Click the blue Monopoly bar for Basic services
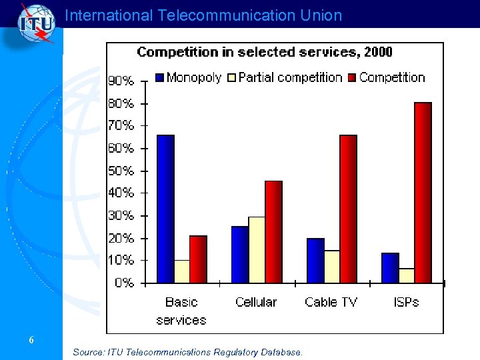pos(165,209)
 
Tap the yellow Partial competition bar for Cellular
pos(257,249)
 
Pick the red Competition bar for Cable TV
pos(348,209)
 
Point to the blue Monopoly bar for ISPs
pos(390,267)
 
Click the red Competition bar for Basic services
pos(198,259)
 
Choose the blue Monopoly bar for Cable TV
pos(315,260)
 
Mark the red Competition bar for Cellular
pos(273,231)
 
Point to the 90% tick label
pos(121,81)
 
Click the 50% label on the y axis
pos(121,171)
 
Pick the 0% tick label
pos(124,283)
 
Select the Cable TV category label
pos(331,302)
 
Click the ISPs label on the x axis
pos(406,302)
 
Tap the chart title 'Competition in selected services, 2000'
pos(265,52)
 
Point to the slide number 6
pos(31,340)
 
